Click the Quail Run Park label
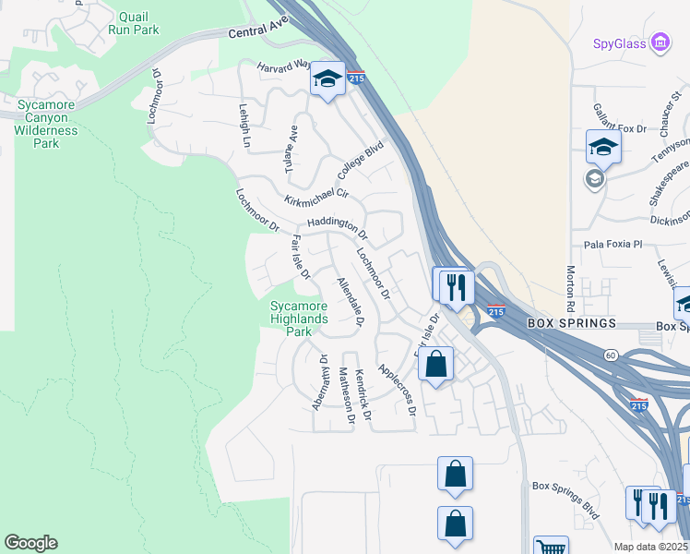pyautogui.click(x=134, y=22)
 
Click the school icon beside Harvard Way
pyautogui.click(x=327, y=79)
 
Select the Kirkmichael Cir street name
pyautogui.click(x=316, y=195)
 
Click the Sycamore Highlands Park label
pyautogui.click(x=299, y=319)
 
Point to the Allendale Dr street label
pyautogui.click(x=351, y=302)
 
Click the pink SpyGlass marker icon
pyautogui.click(x=660, y=42)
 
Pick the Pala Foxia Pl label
pyautogui.click(x=612, y=245)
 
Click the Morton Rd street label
pyautogui.click(x=571, y=288)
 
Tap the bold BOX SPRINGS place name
pyautogui.click(x=571, y=324)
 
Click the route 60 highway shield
pyautogui.click(x=610, y=355)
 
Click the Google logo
pyautogui.click(x=30, y=543)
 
